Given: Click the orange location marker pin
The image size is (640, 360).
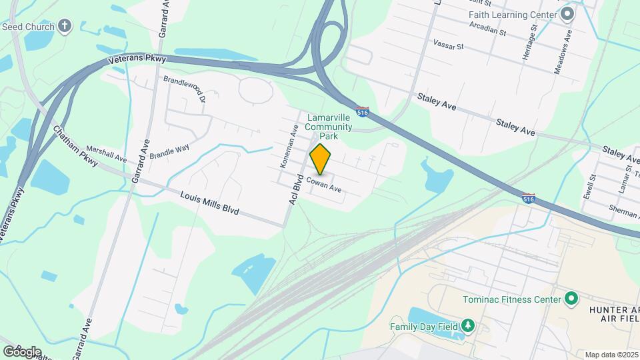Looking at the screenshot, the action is click(321, 159).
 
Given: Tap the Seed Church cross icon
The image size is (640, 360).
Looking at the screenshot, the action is click(65, 26).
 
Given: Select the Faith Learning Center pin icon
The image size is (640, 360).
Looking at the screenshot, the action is click(568, 13).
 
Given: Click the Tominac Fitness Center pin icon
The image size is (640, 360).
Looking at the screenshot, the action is click(571, 299).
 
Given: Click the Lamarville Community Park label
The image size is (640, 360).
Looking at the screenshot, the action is click(329, 127).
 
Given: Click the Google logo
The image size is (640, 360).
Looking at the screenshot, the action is click(22, 351).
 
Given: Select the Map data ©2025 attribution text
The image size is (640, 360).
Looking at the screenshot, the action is click(611, 355).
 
